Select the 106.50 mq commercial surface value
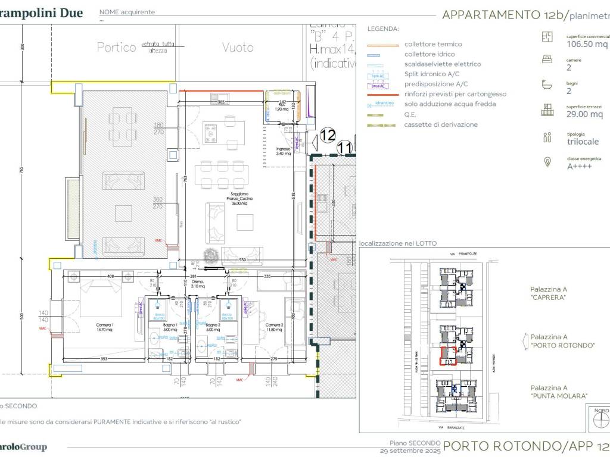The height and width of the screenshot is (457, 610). click(x=587, y=44)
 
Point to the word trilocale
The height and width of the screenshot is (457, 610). click(x=583, y=142)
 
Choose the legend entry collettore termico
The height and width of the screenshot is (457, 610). click(x=432, y=44)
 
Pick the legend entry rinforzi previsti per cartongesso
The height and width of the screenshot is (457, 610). click(x=455, y=94)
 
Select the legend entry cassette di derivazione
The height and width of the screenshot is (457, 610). click(x=440, y=124)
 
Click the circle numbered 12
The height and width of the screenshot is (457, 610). click(x=328, y=135)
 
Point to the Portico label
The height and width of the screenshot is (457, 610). click(x=117, y=48)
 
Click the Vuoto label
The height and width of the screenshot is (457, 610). click(x=238, y=48)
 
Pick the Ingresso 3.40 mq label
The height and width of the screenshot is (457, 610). click(x=283, y=151)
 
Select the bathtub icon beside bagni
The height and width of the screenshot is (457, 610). click(x=546, y=85)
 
